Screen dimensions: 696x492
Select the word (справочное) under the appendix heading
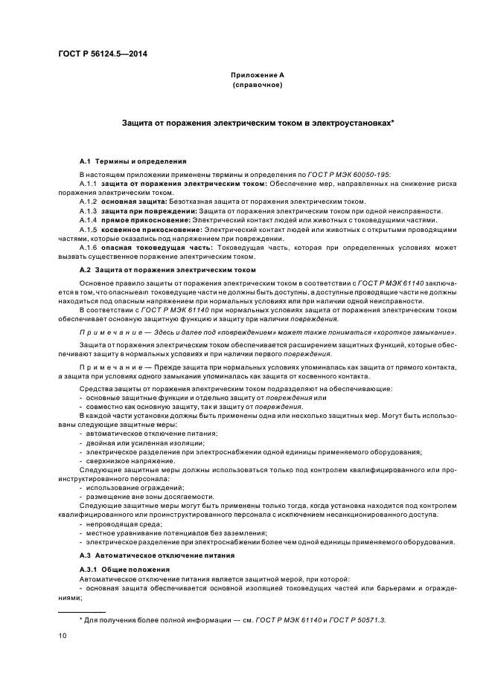(257, 86)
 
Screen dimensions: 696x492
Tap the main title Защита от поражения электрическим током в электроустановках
(258, 122)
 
